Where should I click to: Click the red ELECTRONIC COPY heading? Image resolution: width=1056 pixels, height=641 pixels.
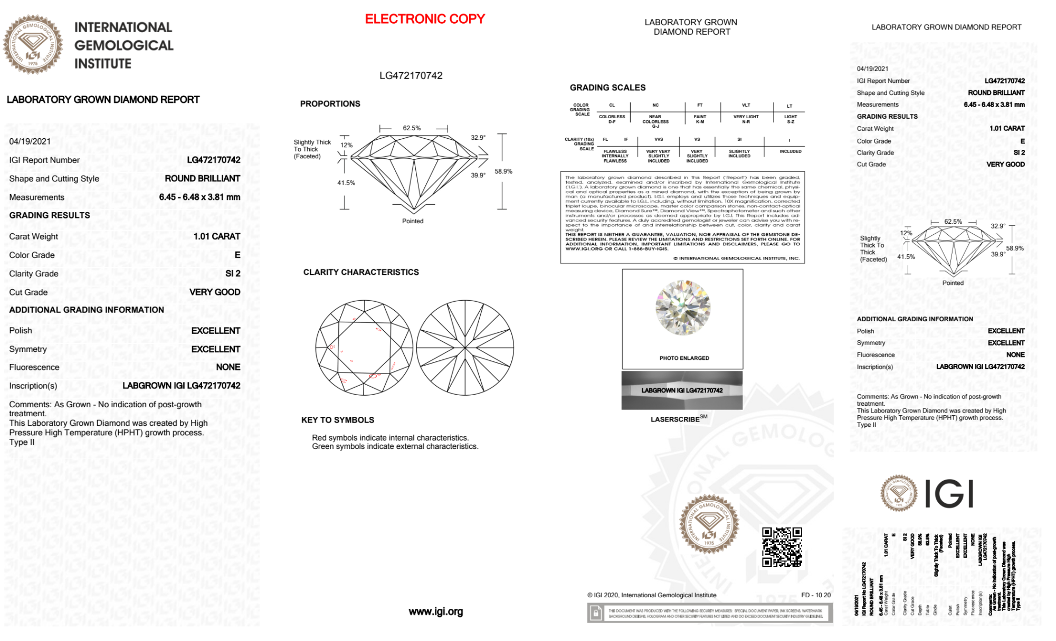point(425,19)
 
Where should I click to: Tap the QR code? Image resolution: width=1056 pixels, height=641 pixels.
point(782,547)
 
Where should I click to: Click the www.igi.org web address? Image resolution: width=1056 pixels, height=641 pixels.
point(436,611)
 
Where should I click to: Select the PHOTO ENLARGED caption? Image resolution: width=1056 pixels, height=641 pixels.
point(684,358)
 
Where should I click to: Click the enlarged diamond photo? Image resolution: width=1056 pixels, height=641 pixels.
point(683,308)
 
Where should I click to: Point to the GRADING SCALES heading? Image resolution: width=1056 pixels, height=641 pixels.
point(607,88)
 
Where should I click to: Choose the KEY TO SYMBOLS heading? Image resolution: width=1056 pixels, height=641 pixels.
point(338,420)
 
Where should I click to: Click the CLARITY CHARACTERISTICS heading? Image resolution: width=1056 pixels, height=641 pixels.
point(361,272)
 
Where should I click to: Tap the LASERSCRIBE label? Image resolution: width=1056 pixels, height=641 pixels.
point(676,419)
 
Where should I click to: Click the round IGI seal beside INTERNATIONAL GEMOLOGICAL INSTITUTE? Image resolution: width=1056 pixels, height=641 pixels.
point(33,44)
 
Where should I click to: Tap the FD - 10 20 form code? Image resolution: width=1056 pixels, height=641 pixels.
point(816,595)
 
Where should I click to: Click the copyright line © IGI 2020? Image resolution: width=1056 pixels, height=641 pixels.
point(652,595)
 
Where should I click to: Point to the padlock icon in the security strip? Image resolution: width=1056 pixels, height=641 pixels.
point(596,614)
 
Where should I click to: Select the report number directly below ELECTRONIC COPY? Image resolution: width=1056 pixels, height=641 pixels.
point(411,75)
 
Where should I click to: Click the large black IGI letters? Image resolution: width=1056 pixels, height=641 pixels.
point(949,494)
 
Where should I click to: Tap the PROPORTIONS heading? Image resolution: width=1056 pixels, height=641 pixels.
point(330,104)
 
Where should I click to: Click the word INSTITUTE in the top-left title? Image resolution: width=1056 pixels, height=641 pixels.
point(103,64)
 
